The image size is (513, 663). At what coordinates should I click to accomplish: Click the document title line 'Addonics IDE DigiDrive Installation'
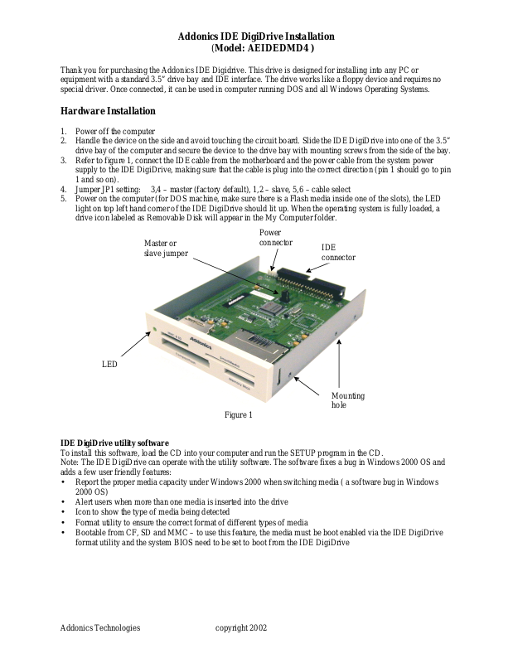coord(256,36)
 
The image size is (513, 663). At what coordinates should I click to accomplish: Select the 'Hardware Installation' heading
coord(107,111)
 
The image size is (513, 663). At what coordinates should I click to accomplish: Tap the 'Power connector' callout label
coord(275,238)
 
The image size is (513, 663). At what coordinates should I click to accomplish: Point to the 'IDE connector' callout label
coord(338,253)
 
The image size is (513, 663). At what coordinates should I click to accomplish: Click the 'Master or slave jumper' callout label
coord(166,248)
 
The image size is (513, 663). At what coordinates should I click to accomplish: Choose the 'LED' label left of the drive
coord(109,365)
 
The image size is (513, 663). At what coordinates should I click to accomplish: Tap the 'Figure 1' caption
coord(238,415)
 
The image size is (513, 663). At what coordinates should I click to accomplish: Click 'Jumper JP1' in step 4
coord(99,189)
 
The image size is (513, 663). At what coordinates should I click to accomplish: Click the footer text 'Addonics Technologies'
coord(100,628)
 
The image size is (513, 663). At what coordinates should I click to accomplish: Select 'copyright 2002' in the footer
coord(241,628)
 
